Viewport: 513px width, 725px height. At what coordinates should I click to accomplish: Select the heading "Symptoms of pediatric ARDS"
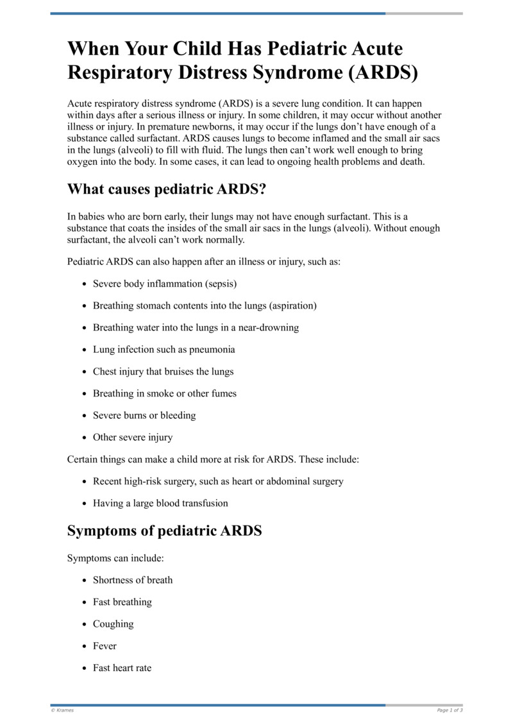pos(164,531)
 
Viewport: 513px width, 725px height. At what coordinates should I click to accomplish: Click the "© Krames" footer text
pos(62,710)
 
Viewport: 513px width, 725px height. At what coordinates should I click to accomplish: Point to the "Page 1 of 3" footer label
pos(450,710)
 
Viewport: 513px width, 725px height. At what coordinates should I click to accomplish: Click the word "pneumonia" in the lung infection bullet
pos(210,350)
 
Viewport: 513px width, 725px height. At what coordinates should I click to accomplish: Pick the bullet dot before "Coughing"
pos(85,624)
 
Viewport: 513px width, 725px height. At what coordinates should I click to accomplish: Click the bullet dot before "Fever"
pos(85,646)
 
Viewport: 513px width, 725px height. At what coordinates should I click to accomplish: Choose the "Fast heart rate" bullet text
pos(122,668)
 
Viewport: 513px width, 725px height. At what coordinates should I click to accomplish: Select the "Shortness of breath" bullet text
pos(133,580)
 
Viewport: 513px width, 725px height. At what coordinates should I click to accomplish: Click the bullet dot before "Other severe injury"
pos(85,438)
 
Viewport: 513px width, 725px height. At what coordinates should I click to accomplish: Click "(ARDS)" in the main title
pos(383,72)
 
